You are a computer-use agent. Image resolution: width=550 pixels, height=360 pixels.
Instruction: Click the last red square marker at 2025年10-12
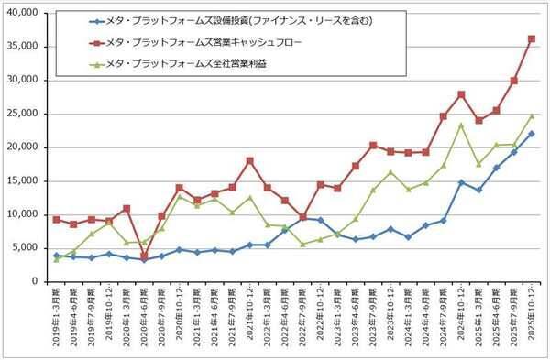tap(532, 38)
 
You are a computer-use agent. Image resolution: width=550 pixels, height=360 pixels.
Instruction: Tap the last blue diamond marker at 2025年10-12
tap(532, 134)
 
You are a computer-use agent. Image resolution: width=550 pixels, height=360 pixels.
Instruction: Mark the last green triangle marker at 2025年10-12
tap(532, 116)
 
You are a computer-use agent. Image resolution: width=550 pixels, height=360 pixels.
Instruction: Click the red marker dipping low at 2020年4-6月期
tap(144, 256)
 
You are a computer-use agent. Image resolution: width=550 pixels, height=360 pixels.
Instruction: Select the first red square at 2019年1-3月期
tap(57, 220)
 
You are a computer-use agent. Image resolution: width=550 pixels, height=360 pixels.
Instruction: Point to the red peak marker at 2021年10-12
tap(249, 160)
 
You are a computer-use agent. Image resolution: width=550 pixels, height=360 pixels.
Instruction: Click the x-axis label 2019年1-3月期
tap(57, 316)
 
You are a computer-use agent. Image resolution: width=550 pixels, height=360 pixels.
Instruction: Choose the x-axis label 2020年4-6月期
tap(144, 316)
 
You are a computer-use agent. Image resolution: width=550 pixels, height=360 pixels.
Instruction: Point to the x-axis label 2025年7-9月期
tap(514, 316)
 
